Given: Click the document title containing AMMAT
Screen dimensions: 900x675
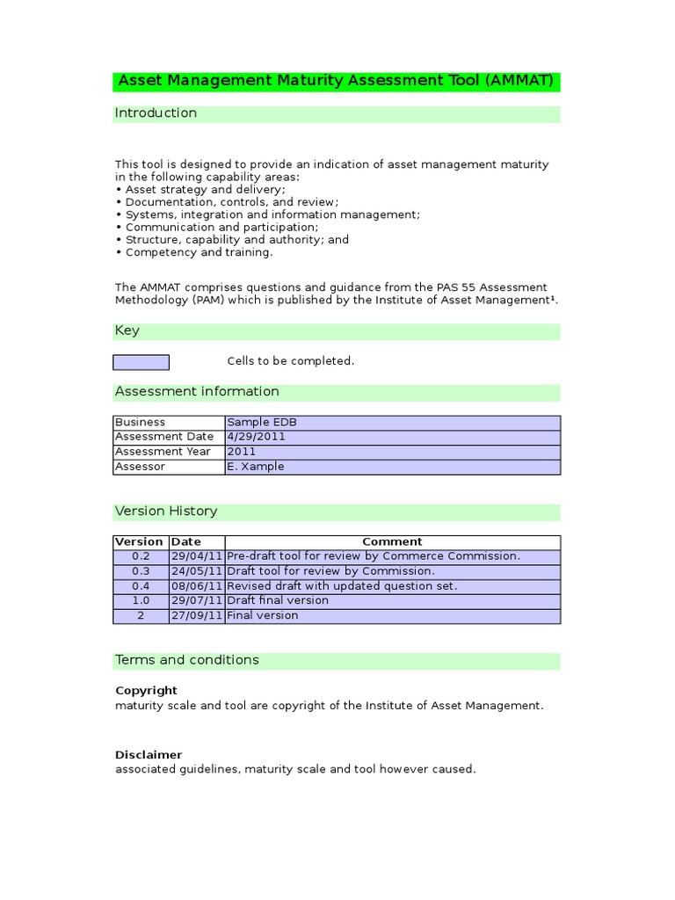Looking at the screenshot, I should point(336,82).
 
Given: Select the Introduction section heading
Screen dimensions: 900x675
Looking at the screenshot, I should point(156,113).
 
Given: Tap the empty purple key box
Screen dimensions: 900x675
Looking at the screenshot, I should point(141,362).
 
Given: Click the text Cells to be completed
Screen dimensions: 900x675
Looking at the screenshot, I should point(290,361).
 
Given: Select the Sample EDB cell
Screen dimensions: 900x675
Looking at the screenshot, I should point(262,422).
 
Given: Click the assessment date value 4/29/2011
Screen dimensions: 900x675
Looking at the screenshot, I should point(257,437).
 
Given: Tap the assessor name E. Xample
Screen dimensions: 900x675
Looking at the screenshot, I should point(256,467).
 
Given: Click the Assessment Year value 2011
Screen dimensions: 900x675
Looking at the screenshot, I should point(242,452).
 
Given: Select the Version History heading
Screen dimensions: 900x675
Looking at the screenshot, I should point(166,512).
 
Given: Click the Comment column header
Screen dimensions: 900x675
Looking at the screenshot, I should point(392,542).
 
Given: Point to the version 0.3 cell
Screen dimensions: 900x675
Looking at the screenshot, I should point(141,571).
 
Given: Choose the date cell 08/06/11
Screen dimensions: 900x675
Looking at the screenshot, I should point(197,586).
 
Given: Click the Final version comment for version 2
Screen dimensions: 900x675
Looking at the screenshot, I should point(263,616).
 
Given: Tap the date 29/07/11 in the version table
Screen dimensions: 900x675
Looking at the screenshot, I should point(197,601).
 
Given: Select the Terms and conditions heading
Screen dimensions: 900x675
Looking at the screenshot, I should point(187,660).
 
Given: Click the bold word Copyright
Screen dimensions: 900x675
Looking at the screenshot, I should point(146,691).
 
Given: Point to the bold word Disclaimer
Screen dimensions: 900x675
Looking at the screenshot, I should point(149,755).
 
